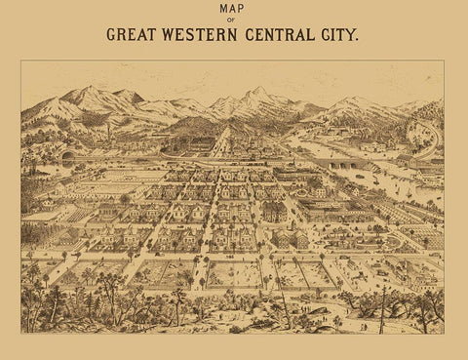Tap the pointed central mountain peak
coord(257,91)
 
